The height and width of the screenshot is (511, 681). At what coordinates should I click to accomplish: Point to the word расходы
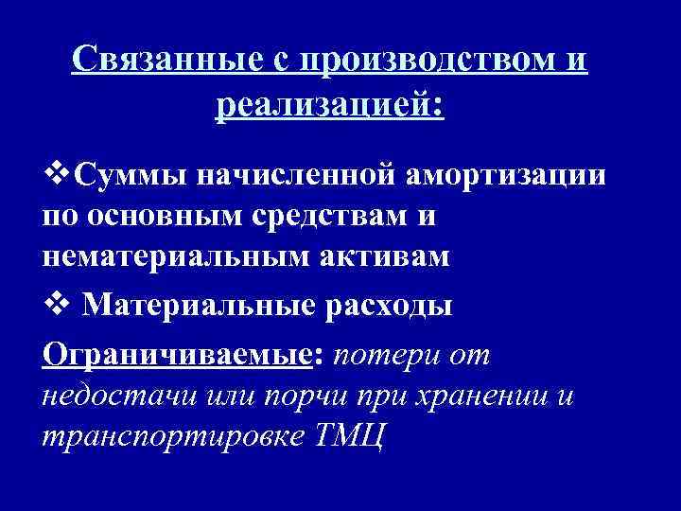click(391, 306)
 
